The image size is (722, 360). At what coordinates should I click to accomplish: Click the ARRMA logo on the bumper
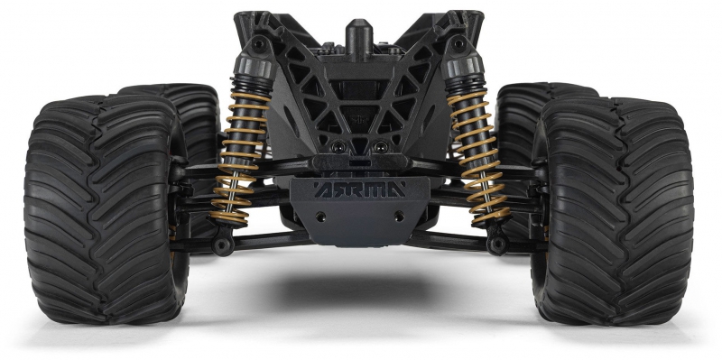tap(359, 189)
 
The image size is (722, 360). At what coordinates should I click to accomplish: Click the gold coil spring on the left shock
tap(239, 156)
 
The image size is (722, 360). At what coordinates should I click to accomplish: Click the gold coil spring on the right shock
tap(479, 156)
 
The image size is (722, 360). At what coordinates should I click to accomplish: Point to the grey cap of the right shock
tap(462, 65)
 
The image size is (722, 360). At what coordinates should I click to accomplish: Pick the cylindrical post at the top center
tap(358, 40)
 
